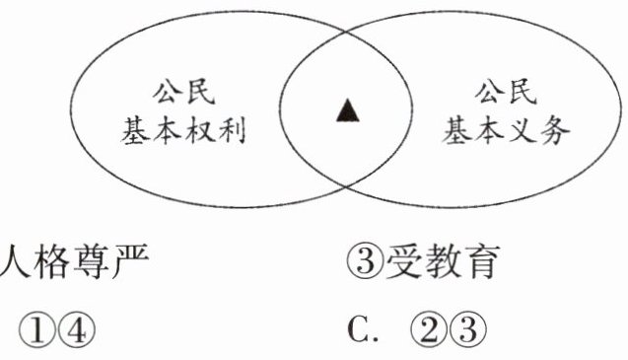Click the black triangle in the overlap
pyautogui.click(x=348, y=110)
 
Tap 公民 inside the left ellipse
pyautogui.click(x=183, y=93)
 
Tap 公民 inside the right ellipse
pyautogui.click(x=506, y=93)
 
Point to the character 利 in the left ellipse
pyautogui.click(x=231, y=130)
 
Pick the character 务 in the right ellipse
pyautogui.click(x=554, y=131)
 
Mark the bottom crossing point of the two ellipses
pyautogui.click(x=347, y=186)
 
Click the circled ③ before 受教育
pyautogui.click(x=365, y=261)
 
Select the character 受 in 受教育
pyautogui.click(x=403, y=261)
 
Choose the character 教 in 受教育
pyautogui.click(x=442, y=261)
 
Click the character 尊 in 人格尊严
pyautogui.click(x=92, y=261)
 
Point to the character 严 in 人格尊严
pyautogui.click(x=130, y=261)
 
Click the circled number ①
pyautogui.click(x=38, y=330)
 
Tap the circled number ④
pyautogui.click(x=77, y=330)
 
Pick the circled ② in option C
pyautogui.click(x=430, y=330)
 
